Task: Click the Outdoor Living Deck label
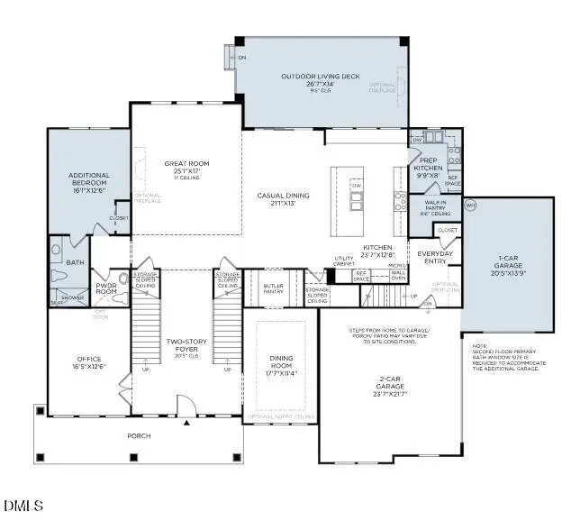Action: pyautogui.click(x=320, y=77)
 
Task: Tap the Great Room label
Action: pyautogui.click(x=186, y=164)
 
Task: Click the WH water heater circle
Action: pyautogui.click(x=469, y=206)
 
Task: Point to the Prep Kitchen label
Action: pyautogui.click(x=428, y=163)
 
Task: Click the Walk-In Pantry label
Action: pyautogui.click(x=436, y=206)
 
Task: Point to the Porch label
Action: pyautogui.click(x=139, y=436)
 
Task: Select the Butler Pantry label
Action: pyautogui.click(x=274, y=288)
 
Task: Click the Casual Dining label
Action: pyautogui.click(x=283, y=196)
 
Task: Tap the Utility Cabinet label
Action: pyautogui.click(x=345, y=261)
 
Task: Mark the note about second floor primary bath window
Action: pyautogui.click(x=507, y=356)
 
